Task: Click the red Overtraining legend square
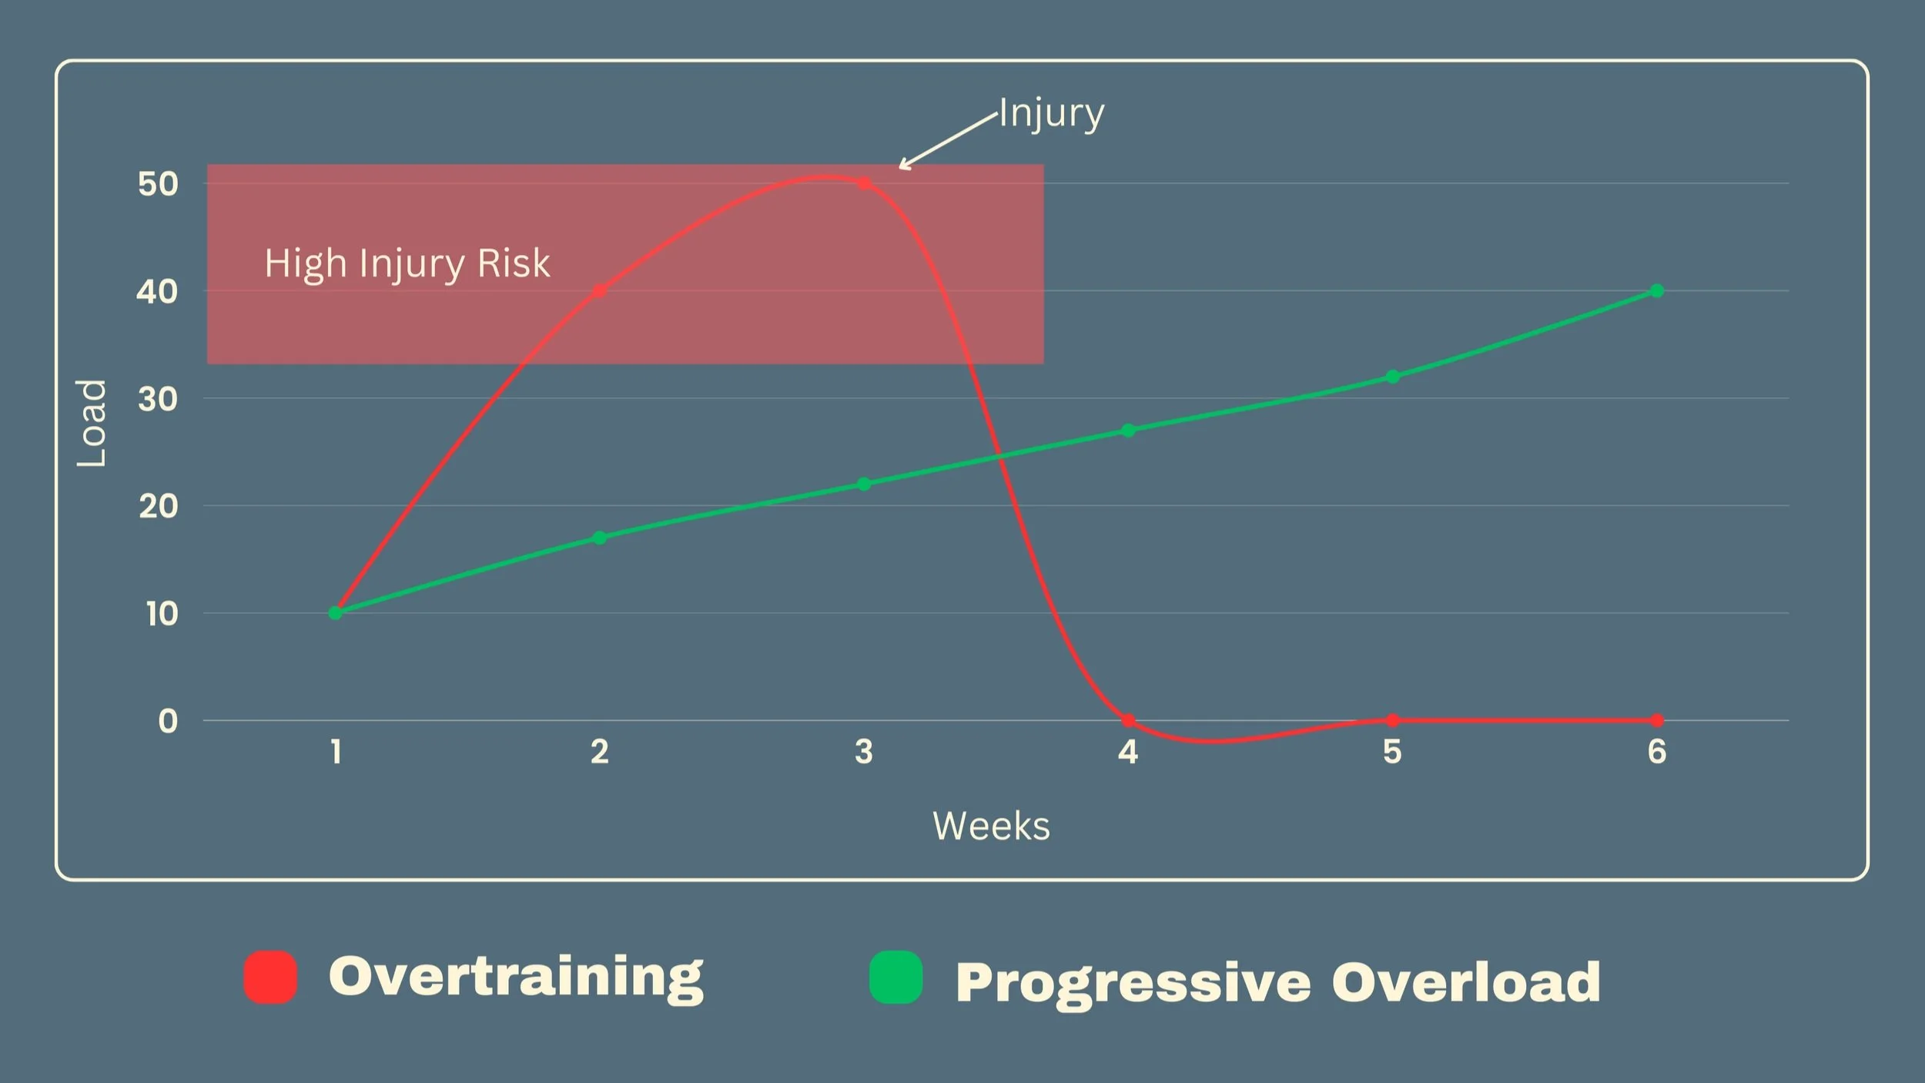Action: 270,977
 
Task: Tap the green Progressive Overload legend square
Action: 896,977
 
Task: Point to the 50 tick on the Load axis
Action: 158,184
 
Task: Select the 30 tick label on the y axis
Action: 158,399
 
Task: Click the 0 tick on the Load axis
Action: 168,721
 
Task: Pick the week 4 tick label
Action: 1128,752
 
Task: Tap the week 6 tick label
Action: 1657,752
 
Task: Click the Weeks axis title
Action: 991,826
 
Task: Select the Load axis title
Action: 92,423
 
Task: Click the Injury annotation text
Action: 1052,114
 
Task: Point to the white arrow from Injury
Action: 948,140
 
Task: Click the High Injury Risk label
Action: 407,264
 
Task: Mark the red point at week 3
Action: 864,183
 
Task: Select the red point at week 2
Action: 600,290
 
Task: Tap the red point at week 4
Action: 1128,720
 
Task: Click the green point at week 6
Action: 1657,290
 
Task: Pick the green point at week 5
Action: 1392,377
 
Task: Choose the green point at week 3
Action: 864,484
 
